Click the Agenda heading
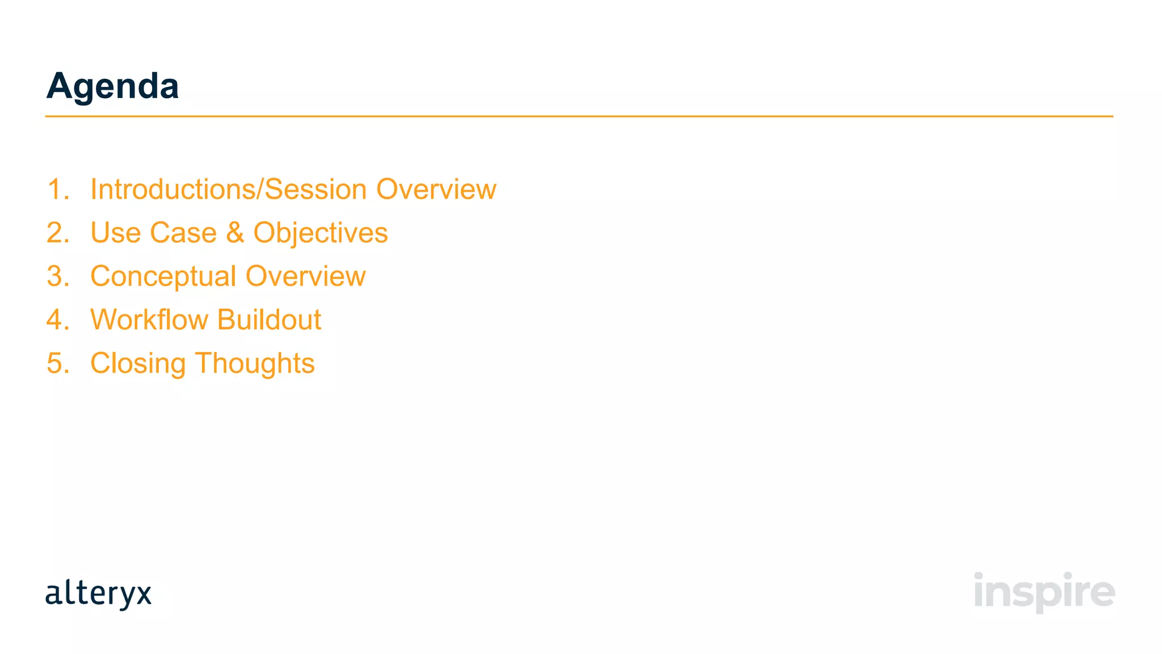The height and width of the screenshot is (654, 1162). pos(112,86)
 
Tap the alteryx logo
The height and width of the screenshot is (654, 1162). pos(98,594)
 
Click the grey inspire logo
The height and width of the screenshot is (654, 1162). pos(1044,592)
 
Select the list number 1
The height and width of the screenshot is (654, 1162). pos(57,190)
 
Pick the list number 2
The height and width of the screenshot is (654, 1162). pos(57,233)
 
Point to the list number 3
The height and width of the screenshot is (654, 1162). pos(57,276)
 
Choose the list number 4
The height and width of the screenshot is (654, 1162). pos(57,320)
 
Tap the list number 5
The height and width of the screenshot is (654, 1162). pos(57,363)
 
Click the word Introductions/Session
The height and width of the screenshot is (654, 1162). pos(229,190)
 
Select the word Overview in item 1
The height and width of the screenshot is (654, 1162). pos(436,190)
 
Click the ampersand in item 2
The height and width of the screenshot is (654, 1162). pos(235,233)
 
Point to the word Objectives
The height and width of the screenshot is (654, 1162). pos(321,233)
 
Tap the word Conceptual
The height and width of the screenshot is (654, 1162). pos(163,277)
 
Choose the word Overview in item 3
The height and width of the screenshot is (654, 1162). pos(306,276)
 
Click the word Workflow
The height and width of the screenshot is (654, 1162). pos(149,320)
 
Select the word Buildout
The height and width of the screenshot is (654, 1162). pos(269,320)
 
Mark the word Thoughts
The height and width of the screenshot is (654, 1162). pos(255,364)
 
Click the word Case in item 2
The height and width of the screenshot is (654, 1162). pos(183,233)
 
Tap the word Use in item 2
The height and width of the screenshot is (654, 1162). pos(116,233)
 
